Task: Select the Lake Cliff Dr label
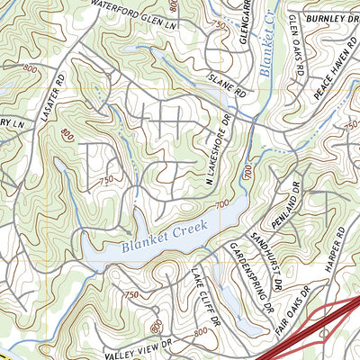(204, 296)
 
